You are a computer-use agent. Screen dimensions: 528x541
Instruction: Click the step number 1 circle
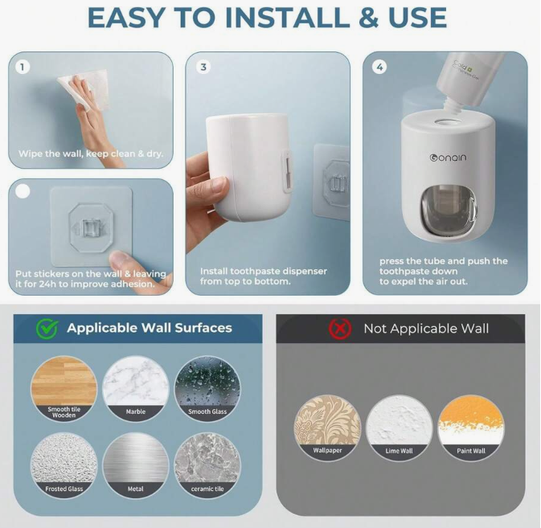click(x=25, y=68)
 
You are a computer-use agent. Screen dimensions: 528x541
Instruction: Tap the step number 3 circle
click(x=203, y=68)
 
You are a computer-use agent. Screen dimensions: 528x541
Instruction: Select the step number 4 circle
click(x=380, y=68)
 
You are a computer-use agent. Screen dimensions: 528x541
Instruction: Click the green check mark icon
click(x=46, y=328)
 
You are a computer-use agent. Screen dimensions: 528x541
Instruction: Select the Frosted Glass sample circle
click(x=64, y=465)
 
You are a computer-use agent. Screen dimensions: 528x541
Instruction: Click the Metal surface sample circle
click(x=135, y=465)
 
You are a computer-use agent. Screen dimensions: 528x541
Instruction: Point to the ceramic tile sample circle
click(x=207, y=465)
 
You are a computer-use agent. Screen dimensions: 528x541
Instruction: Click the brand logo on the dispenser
click(x=448, y=158)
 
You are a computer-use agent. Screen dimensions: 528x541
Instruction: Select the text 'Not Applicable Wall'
click(x=426, y=328)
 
